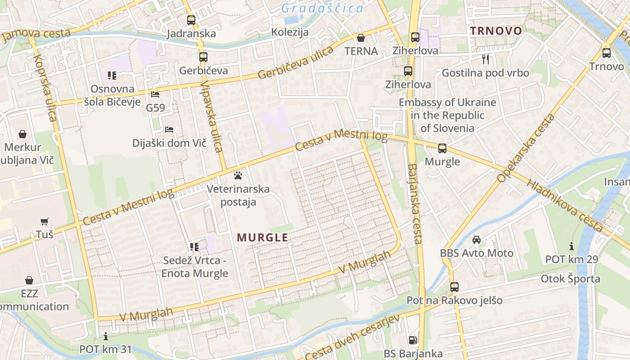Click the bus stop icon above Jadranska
click(x=191, y=20)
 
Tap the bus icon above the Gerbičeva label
click(x=203, y=57)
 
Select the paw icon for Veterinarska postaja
click(x=238, y=175)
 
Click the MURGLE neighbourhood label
click(x=262, y=237)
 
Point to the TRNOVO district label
click(x=496, y=31)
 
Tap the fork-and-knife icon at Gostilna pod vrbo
click(x=485, y=59)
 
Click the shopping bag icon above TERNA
click(x=360, y=38)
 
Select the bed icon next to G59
click(x=155, y=94)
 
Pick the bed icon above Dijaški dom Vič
click(x=169, y=130)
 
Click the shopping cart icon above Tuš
click(x=44, y=221)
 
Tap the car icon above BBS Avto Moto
click(x=477, y=240)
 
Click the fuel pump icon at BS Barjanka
click(x=413, y=341)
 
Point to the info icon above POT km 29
click(x=571, y=246)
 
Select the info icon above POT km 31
click(x=106, y=336)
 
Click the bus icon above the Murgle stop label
click(x=442, y=148)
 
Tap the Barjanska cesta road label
click(x=414, y=204)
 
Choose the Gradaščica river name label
click(x=322, y=8)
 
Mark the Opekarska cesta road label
click(x=526, y=148)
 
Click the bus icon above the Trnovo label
click(x=607, y=53)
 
